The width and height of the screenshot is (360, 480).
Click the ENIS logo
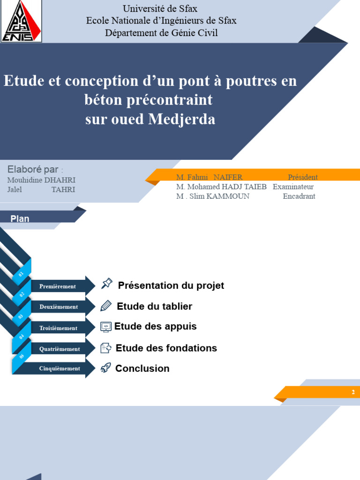coord(21,21)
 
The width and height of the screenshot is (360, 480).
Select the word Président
coord(302,177)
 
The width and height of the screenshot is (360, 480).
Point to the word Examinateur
coord(293,187)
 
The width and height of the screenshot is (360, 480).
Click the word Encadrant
coord(299,196)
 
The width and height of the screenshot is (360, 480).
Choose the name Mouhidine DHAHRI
coord(41,180)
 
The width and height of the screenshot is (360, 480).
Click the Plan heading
coord(20,219)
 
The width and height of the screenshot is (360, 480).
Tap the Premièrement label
coord(58,286)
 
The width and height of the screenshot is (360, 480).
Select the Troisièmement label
coord(58,328)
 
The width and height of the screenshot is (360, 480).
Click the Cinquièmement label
coord(60,368)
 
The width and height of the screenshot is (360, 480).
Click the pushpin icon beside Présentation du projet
coord(107,284)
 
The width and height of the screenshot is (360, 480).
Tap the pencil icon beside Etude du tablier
coord(106,306)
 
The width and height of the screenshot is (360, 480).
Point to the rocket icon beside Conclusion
coord(105,368)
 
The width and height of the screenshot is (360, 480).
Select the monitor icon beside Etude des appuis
coord(106,327)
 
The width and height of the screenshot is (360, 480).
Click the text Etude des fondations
coord(166,348)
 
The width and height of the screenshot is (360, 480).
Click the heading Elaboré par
coord(34,169)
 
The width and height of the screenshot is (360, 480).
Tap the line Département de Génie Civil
coord(161,33)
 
